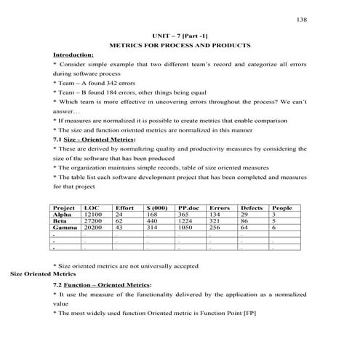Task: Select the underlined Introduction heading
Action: coord(73,55)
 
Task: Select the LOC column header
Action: coord(92,208)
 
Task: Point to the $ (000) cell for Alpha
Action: coord(153,215)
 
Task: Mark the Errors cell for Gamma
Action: coord(216,228)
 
